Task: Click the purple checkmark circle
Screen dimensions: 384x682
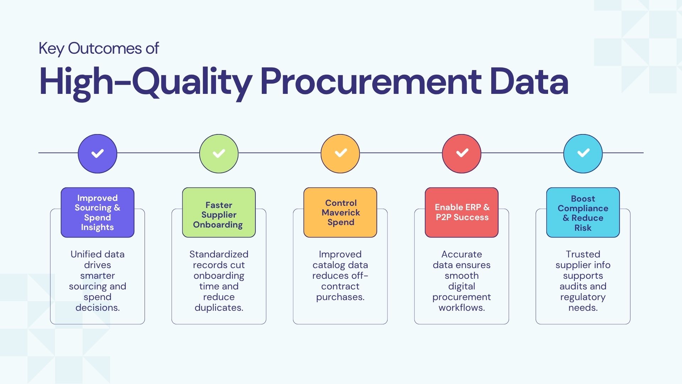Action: [97, 154]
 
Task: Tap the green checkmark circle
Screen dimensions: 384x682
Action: [219, 154]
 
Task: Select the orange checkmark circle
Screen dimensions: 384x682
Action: [340, 154]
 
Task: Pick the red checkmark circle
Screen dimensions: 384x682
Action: [462, 154]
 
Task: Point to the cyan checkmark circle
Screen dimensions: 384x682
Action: [583, 154]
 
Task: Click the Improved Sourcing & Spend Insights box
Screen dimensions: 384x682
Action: [97, 212]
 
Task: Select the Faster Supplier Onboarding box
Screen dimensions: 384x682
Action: [219, 212]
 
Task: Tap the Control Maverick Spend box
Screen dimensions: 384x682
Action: [340, 212]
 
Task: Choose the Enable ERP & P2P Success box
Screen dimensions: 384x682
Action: [462, 212]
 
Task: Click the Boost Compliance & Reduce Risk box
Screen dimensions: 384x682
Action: [583, 212]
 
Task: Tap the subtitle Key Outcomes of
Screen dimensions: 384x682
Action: [99, 48]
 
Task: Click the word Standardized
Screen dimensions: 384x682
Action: [219, 254]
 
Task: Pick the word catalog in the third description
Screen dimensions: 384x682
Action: [329, 265]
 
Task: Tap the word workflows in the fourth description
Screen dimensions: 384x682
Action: [461, 308]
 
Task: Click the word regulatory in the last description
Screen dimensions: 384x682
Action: [583, 297]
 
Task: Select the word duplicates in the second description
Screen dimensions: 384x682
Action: [219, 308]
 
